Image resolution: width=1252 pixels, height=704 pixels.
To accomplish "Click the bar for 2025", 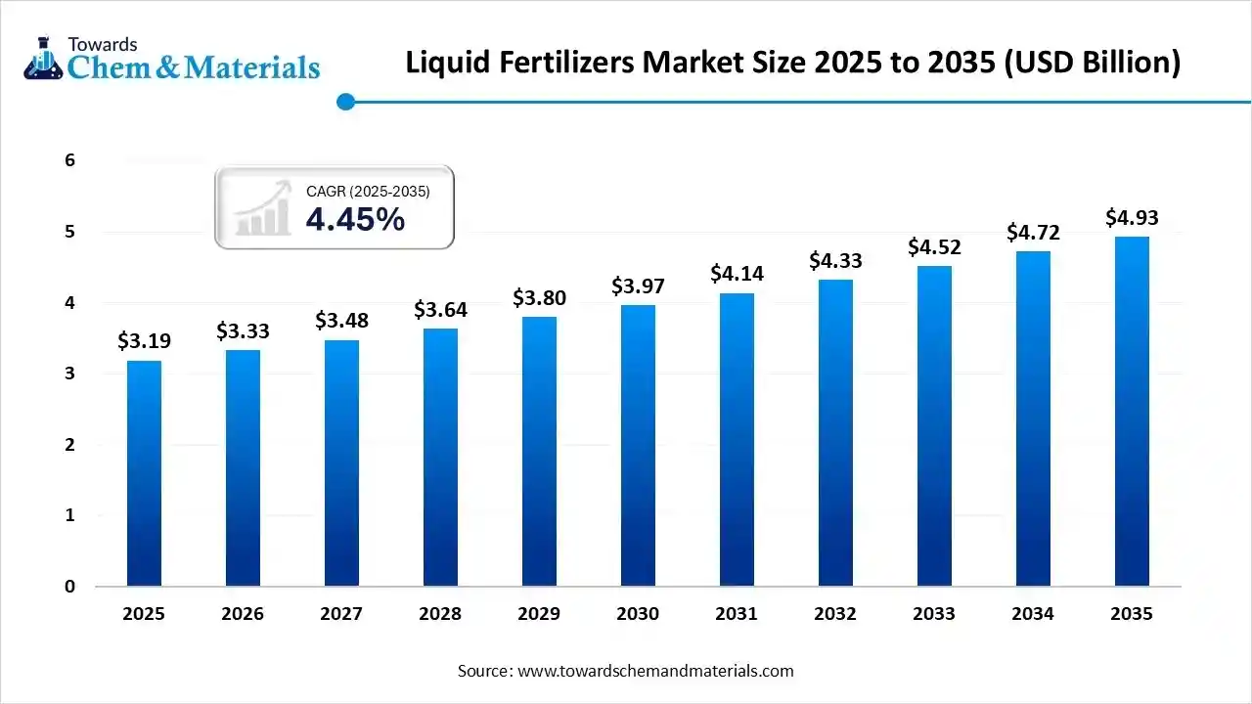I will pyautogui.click(x=144, y=473).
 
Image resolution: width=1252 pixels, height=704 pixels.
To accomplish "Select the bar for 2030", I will pyautogui.click(x=638, y=446).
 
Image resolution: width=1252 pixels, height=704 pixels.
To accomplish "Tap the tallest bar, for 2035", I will pyautogui.click(x=1132, y=411).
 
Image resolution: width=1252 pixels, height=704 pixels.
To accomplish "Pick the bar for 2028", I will pyautogui.click(x=440, y=458).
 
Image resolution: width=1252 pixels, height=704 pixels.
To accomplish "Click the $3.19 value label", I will pyautogui.click(x=144, y=341).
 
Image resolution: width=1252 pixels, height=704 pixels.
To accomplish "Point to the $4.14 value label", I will pyautogui.click(x=737, y=274).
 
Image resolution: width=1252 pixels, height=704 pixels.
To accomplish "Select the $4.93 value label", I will pyautogui.click(x=1132, y=217).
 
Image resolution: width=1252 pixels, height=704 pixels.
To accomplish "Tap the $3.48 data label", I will pyautogui.click(x=341, y=320).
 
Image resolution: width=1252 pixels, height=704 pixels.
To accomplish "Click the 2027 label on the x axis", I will pyautogui.click(x=341, y=614).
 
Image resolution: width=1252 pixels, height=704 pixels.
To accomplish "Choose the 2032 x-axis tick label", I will pyautogui.click(x=835, y=614).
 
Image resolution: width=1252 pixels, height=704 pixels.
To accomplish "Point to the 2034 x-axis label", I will pyautogui.click(x=1033, y=614).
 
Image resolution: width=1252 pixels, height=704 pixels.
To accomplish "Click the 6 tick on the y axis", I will pyautogui.click(x=69, y=160).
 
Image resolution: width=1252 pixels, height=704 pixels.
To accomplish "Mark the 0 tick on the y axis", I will pyautogui.click(x=69, y=587).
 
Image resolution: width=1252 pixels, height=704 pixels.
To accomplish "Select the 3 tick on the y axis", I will pyautogui.click(x=69, y=374).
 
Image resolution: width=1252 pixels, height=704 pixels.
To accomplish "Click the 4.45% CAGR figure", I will pyautogui.click(x=355, y=220).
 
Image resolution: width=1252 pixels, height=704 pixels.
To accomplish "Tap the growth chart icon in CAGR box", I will pyautogui.click(x=263, y=207).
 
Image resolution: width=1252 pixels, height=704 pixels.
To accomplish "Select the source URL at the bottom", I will pyautogui.click(x=653, y=671).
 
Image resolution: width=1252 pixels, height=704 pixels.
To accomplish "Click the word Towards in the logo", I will pyautogui.click(x=102, y=44).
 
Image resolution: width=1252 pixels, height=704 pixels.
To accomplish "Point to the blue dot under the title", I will pyautogui.click(x=344, y=102).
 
